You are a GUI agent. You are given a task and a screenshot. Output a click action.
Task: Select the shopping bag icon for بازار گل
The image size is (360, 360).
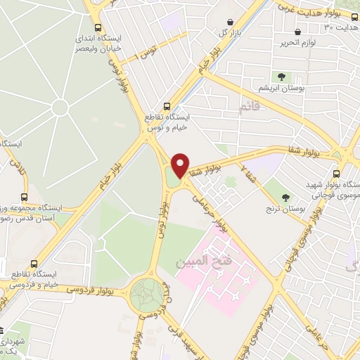pyautogui.click(x=231, y=21)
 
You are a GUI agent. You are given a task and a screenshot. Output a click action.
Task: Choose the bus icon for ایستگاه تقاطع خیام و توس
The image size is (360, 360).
pyautogui.click(x=167, y=103)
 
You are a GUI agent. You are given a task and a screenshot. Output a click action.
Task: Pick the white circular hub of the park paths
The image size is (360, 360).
pyautogui.click(x=60, y=108)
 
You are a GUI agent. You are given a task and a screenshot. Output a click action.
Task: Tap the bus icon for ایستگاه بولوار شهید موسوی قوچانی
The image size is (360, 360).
pyautogui.click(x=336, y=173)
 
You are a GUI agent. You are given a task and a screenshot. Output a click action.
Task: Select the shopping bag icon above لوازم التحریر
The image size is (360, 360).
pyautogui.click(x=298, y=32)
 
